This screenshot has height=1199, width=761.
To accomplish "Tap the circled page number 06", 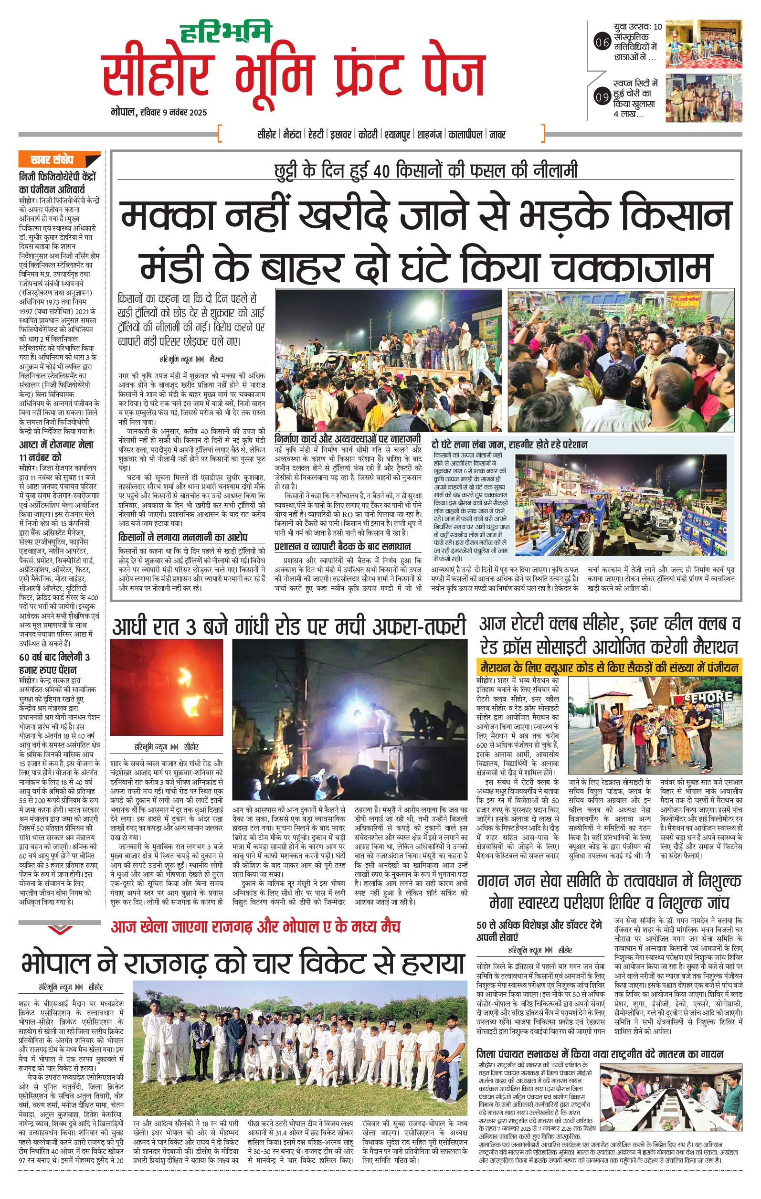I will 602,43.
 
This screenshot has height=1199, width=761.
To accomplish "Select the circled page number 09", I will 602,97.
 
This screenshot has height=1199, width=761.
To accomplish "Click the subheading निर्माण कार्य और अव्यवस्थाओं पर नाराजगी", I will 348,440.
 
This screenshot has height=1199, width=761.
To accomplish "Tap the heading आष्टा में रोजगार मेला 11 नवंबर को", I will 56,450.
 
